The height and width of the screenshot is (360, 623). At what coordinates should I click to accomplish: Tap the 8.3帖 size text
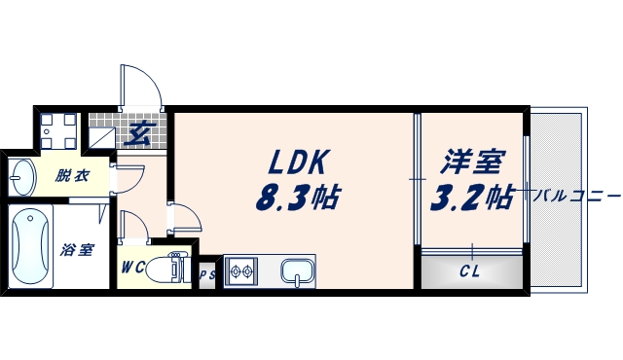coord(297,198)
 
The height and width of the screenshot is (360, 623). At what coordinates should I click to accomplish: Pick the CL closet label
coord(471,271)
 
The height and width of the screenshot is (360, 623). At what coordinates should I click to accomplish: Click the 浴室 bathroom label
coord(77,250)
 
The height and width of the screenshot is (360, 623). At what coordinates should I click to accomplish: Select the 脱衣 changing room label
coord(71,176)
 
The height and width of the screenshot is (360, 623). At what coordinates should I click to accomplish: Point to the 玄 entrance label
coord(139,133)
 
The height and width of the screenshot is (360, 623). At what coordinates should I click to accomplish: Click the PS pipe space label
coord(207,275)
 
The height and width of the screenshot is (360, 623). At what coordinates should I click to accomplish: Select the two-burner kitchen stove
coord(239,271)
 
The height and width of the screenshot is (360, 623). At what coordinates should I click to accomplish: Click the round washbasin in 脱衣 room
coord(21,177)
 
